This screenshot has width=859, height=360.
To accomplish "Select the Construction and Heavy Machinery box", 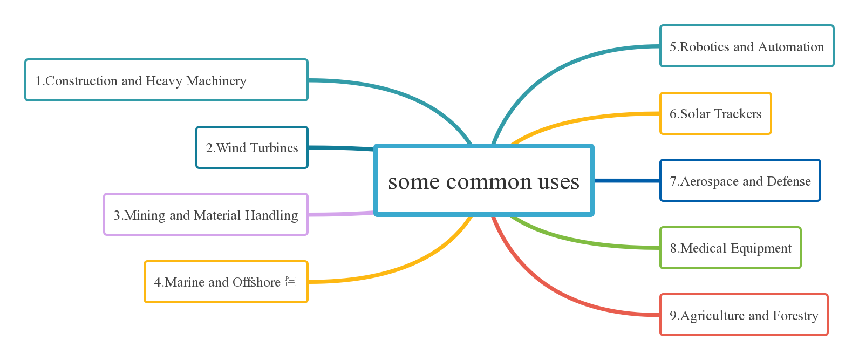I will click(166, 80).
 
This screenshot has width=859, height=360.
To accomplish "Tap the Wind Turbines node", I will click(252, 147).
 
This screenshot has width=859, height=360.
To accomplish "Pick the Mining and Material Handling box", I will click(206, 215).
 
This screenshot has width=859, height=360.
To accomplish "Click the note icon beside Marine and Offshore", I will click(291, 281).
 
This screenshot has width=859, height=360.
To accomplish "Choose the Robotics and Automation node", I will click(747, 46).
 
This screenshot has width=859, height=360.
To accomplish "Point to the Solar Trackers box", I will click(715, 113).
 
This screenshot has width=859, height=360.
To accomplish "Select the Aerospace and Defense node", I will click(740, 181).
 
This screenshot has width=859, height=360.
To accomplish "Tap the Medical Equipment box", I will click(731, 248).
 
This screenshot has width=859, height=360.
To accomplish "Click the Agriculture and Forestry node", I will click(744, 315).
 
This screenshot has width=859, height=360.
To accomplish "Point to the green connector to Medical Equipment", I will click(583, 241).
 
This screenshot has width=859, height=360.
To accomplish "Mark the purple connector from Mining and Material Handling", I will click(340, 214).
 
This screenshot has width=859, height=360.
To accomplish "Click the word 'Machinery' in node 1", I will click(216, 81).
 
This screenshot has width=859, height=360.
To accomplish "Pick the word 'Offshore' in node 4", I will click(256, 282).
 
